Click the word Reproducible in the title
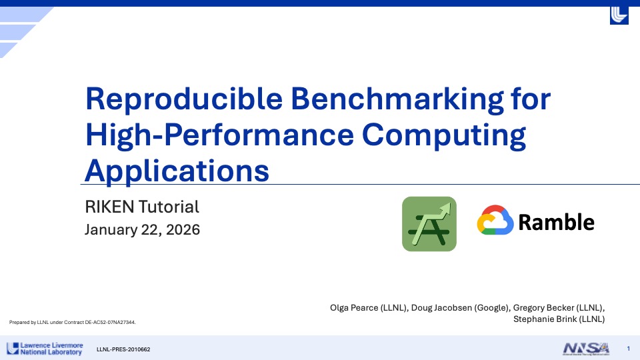point(184,99)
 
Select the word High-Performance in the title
point(219,135)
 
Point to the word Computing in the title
point(444,136)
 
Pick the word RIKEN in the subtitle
point(109,207)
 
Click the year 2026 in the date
point(183,230)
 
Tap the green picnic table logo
point(429,224)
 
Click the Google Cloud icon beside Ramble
point(495,221)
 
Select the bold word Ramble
point(556,223)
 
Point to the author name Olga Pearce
point(354,308)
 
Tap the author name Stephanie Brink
point(541,319)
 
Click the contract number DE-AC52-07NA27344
point(110,323)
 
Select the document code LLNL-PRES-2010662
point(123,349)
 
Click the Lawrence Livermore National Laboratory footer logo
point(45,349)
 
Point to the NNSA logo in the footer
point(586,349)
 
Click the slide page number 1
point(629,349)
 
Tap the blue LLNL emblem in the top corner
point(619,15)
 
